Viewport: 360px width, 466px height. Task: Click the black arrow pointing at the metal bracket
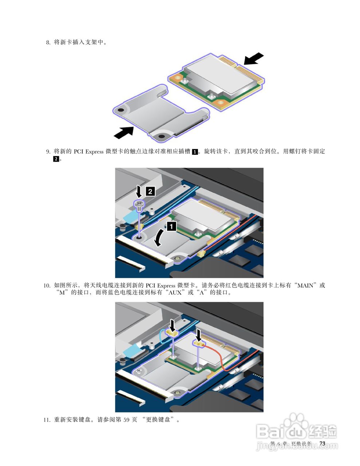point(124,132)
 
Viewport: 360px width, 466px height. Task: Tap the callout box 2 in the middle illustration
point(150,191)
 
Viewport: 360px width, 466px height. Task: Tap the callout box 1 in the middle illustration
point(172,226)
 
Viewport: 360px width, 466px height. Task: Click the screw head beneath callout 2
point(139,203)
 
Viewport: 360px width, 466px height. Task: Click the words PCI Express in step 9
point(88,151)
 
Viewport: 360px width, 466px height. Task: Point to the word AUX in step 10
point(175,292)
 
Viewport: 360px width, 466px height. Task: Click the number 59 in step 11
point(127,419)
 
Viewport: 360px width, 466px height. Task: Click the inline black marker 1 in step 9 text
point(195,152)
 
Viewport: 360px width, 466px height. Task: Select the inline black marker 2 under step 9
point(56,159)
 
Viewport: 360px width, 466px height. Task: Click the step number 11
point(47,419)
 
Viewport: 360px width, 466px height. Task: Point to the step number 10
point(47,285)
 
